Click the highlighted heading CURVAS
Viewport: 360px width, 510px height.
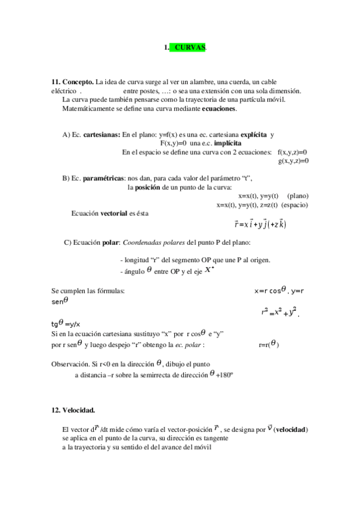tap(189, 47)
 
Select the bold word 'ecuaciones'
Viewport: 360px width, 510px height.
tap(219, 109)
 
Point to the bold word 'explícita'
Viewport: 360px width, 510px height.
tap(253, 135)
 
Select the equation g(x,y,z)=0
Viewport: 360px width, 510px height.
tap(293, 161)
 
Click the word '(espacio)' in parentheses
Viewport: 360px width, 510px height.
tap(294, 205)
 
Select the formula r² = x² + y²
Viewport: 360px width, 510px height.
tap(279, 312)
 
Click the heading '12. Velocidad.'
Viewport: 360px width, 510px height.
tap(73, 410)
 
